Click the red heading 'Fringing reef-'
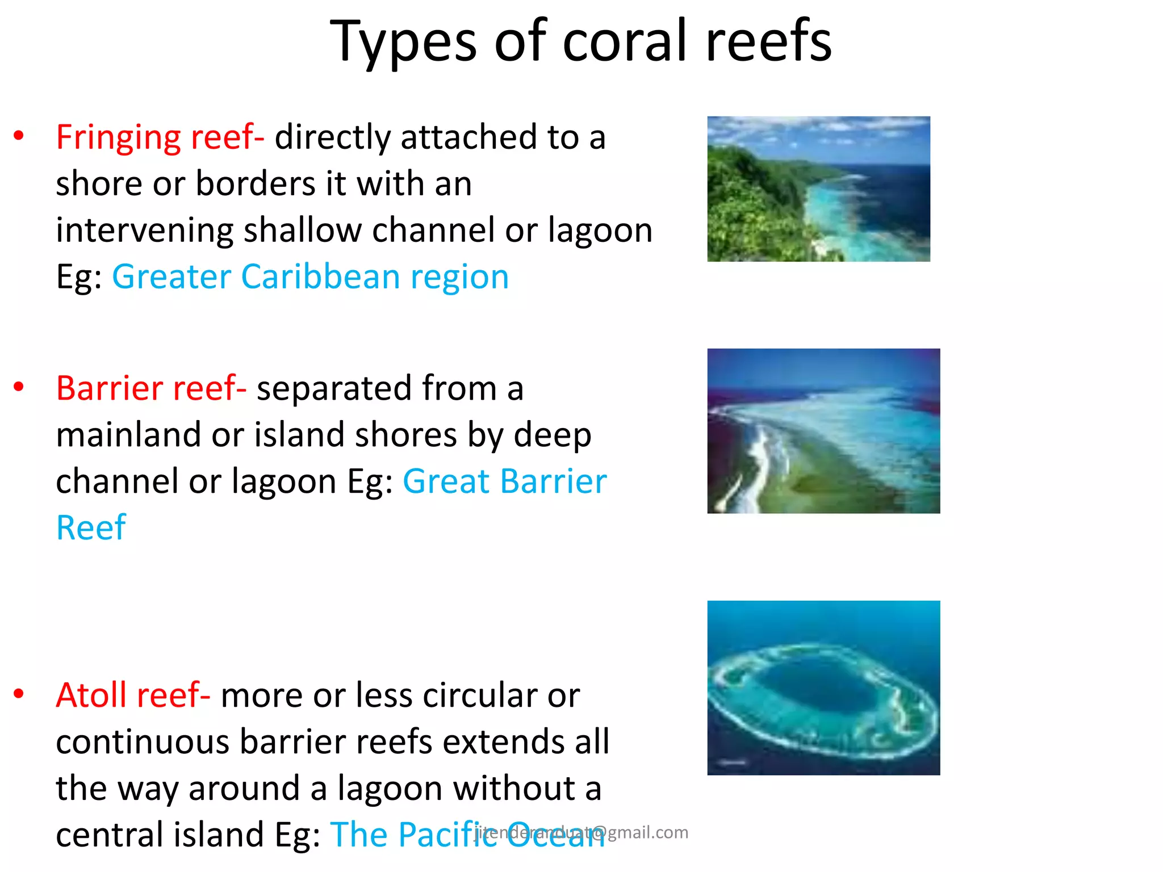coord(160,137)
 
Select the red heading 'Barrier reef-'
coord(151,388)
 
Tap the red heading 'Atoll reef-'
coord(133,695)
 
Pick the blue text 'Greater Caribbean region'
coord(310,277)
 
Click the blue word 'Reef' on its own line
coord(91,528)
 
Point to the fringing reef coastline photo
coord(818,189)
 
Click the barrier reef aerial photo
coord(823,431)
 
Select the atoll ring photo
coord(823,687)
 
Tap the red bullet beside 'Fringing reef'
coord(19,135)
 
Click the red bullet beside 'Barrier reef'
coord(19,387)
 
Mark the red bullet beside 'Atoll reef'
coord(19,693)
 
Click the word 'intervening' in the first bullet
coord(144,230)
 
